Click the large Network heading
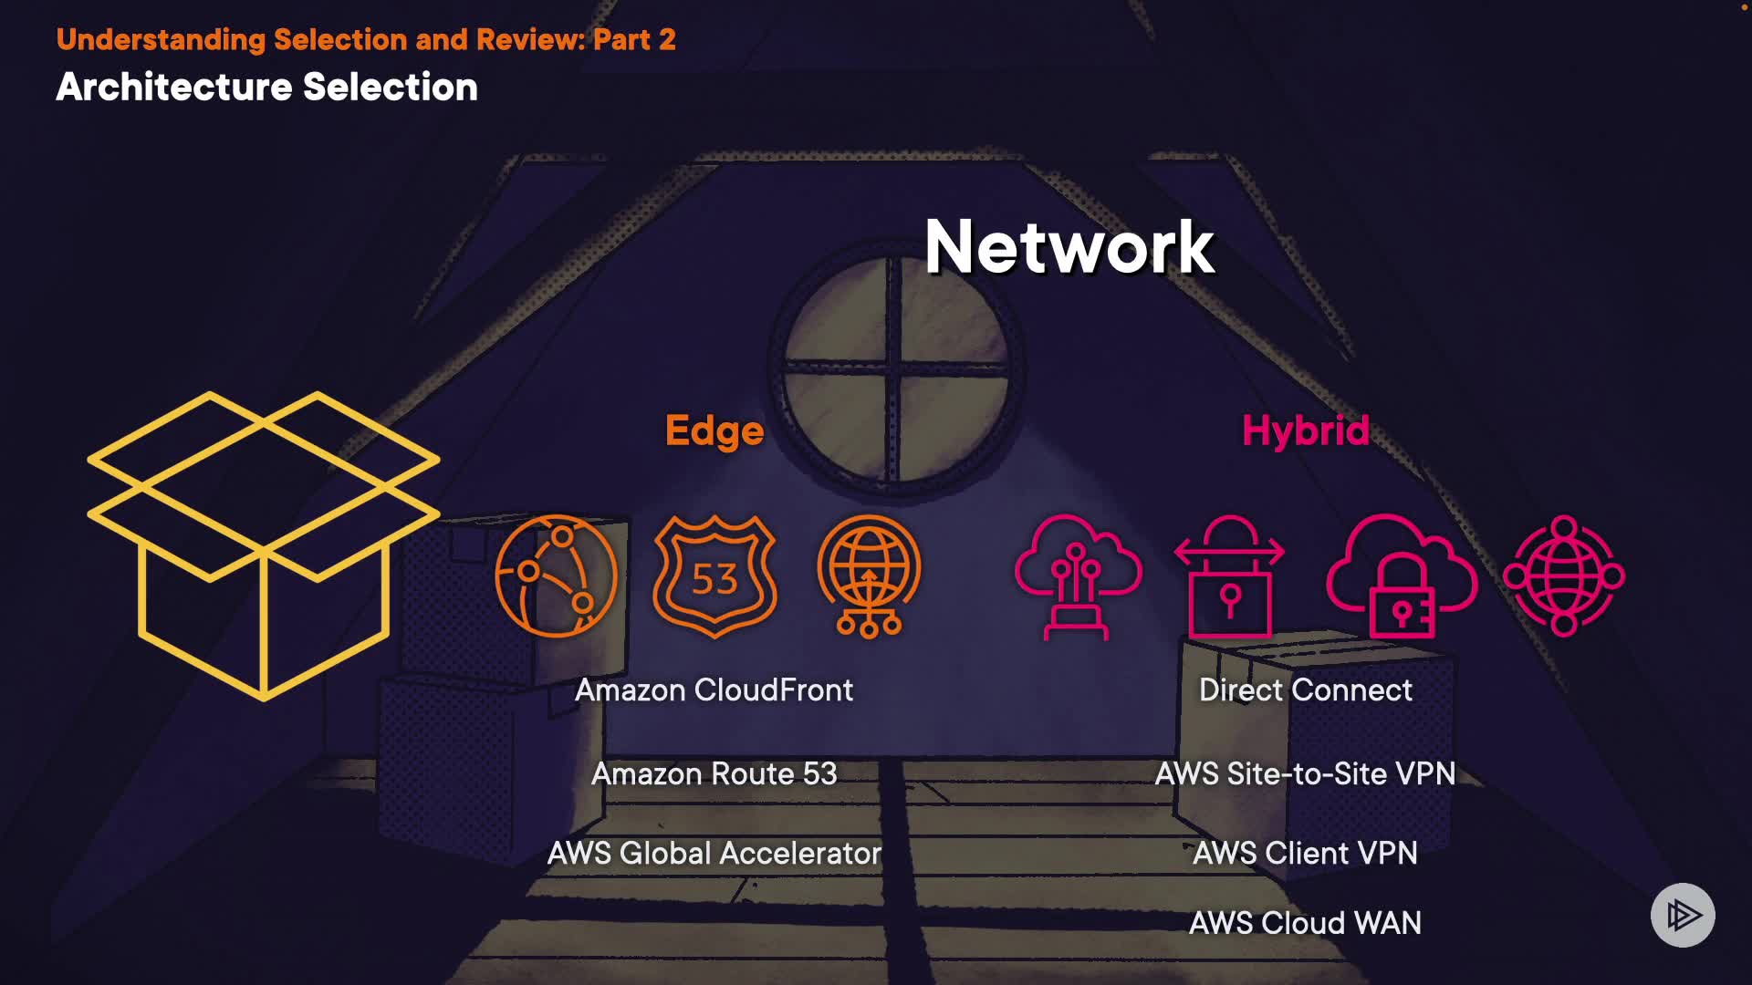click(1069, 247)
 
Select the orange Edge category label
click(714, 430)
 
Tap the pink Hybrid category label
click(1305, 430)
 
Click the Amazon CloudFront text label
click(714, 690)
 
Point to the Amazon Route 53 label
click(714, 773)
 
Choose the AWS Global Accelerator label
click(714, 854)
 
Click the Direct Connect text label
click(1305, 690)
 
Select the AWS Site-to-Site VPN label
click(1305, 773)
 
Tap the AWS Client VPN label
click(1305, 854)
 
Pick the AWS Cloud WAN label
click(1305, 923)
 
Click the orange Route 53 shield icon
click(714, 576)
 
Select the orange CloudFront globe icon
click(556, 576)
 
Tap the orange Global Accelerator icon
click(869, 576)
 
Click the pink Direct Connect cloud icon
click(1078, 576)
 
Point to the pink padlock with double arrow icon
click(1229, 576)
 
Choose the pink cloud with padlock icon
click(1401, 576)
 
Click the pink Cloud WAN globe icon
click(1564, 576)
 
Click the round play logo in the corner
click(1683, 915)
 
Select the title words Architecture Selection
click(266, 88)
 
